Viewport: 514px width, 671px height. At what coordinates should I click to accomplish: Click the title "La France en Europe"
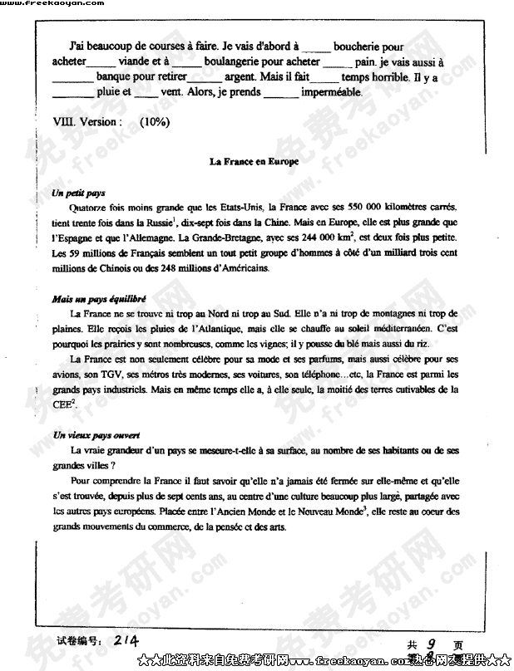tap(254, 162)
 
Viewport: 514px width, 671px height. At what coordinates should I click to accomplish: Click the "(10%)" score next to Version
tap(154, 121)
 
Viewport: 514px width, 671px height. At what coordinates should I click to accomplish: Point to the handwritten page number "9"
tap(432, 643)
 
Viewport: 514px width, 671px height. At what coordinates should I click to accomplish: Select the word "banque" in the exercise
tap(116, 77)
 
